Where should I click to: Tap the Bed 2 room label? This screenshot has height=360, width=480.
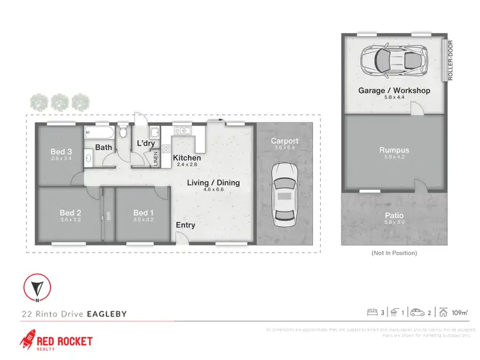click(70, 213)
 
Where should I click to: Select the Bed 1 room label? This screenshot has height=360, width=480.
click(143, 213)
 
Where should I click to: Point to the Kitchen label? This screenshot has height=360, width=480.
click(187, 158)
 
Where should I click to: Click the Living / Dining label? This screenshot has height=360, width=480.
click(213, 183)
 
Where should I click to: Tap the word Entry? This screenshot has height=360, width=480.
click(186, 225)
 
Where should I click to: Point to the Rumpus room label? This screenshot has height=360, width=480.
click(394, 151)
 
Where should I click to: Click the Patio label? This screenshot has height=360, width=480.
click(394, 215)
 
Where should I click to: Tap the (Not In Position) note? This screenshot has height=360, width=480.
click(394, 253)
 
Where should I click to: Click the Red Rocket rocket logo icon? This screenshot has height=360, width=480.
click(28, 340)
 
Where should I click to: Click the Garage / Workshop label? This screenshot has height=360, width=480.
click(394, 91)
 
